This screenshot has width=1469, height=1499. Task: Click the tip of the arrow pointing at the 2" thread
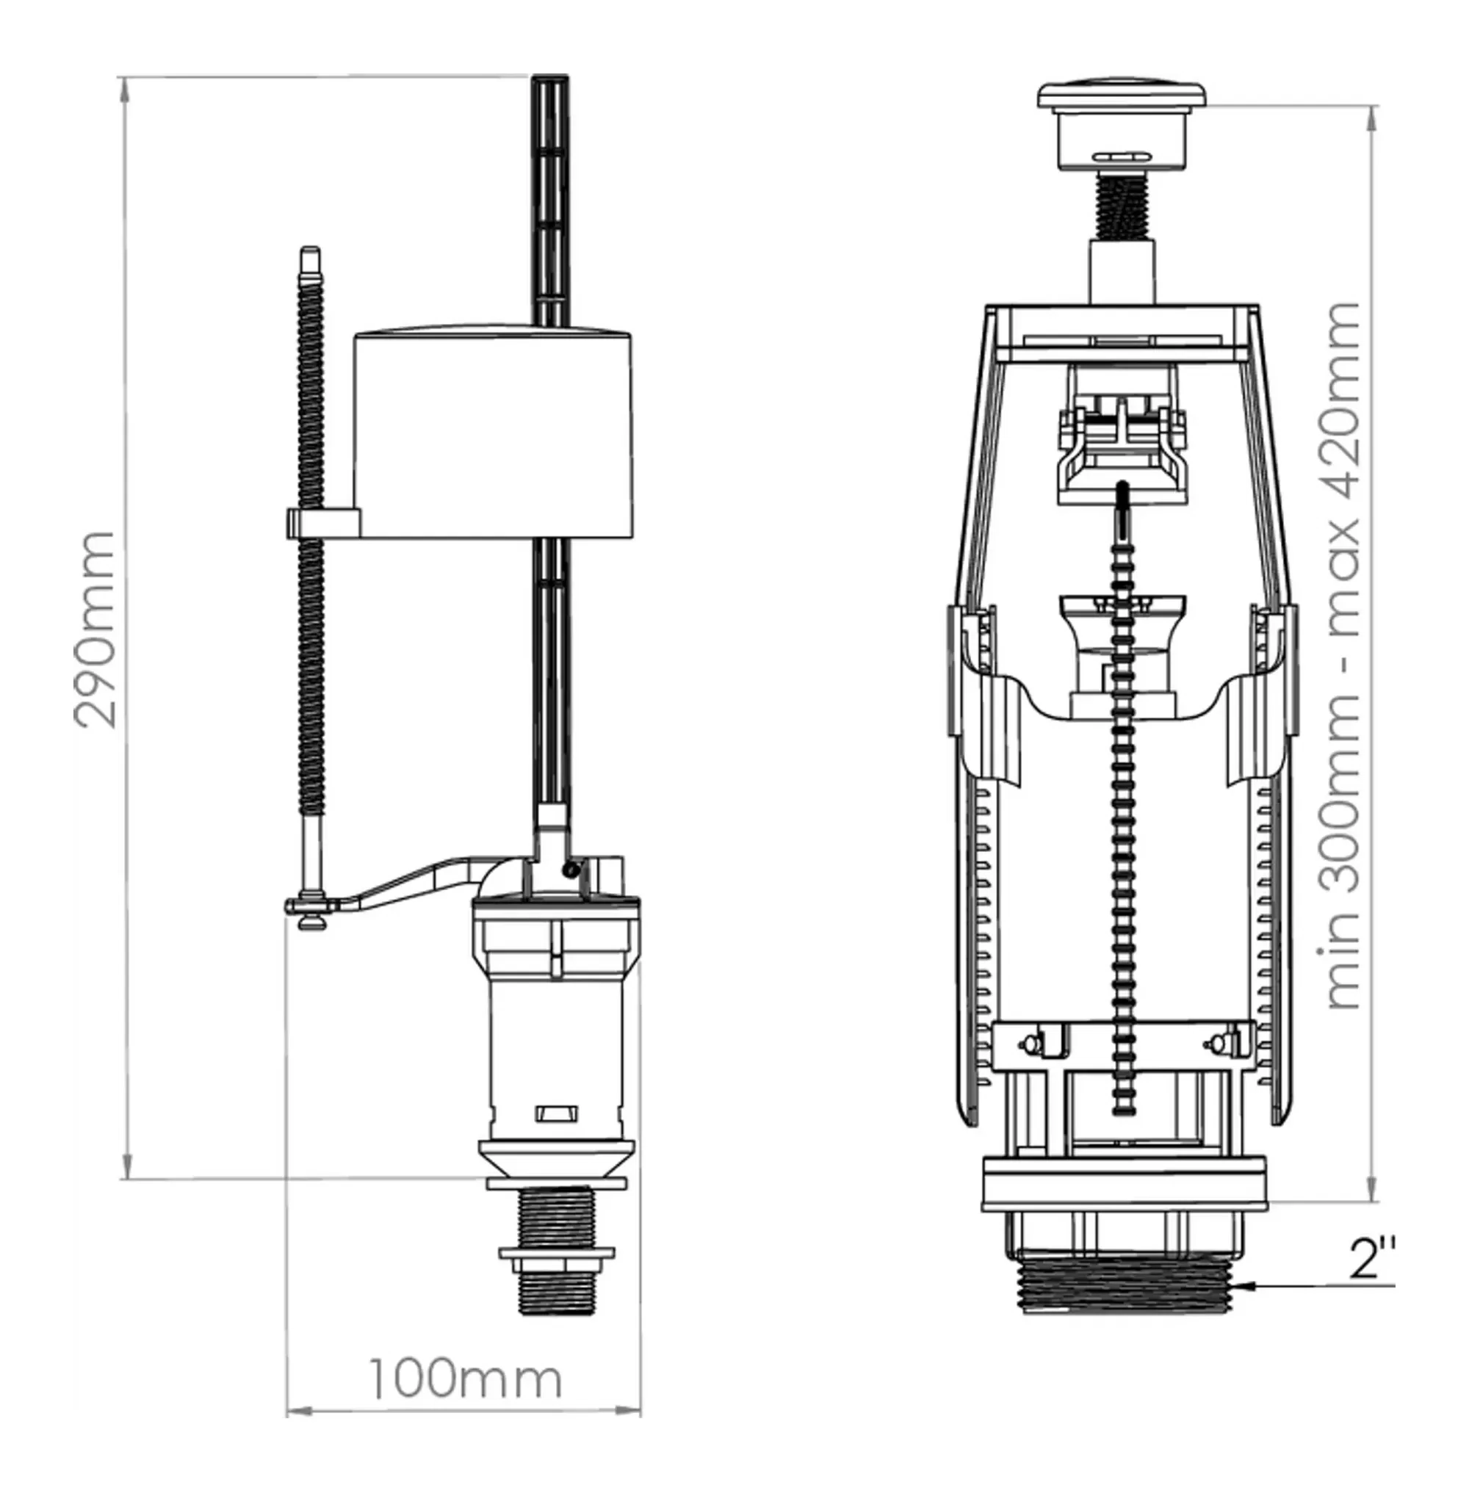point(1235,1286)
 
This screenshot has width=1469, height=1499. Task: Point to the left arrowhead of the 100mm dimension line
point(288,1412)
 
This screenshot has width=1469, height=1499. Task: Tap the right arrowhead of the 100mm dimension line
point(640,1412)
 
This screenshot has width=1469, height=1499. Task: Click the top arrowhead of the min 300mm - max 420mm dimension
point(1373,107)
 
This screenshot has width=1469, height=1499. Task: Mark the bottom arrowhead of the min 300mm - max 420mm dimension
point(1373,1202)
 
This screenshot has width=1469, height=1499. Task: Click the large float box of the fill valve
point(493,433)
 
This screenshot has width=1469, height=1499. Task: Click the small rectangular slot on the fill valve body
point(556,1113)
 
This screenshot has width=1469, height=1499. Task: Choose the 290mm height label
point(96,629)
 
